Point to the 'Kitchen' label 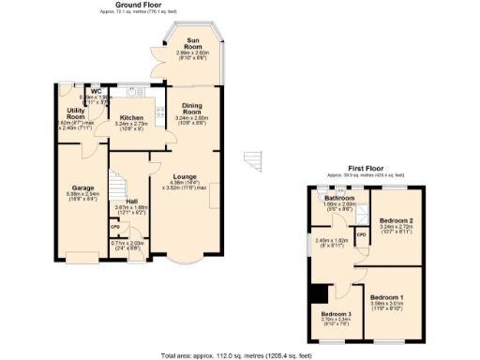click(x=131, y=117)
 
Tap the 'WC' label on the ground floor click(x=96, y=91)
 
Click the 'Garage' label click(x=70, y=187)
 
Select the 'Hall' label click(x=133, y=201)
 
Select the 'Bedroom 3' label click(x=336, y=313)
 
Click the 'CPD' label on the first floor click(x=361, y=234)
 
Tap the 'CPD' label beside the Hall click(x=114, y=226)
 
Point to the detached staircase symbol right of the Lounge click(x=253, y=163)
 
